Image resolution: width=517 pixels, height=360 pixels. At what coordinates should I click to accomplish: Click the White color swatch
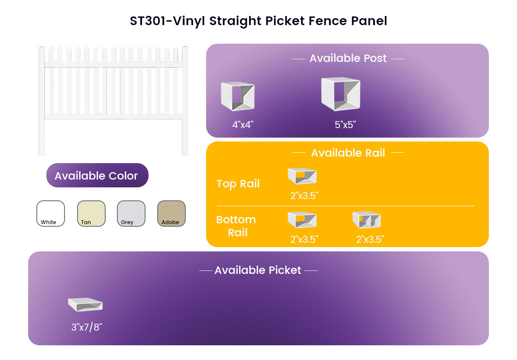(51, 213)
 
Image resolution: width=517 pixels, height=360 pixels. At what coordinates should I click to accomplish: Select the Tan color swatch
(91, 213)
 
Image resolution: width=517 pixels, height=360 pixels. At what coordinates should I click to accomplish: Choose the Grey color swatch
(131, 213)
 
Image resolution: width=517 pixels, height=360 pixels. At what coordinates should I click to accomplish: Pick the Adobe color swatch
(171, 213)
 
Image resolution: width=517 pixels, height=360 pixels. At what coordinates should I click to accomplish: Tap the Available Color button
(97, 175)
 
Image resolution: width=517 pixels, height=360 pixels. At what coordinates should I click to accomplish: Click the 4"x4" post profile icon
(238, 96)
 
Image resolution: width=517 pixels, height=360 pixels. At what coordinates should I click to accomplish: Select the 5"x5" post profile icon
(341, 93)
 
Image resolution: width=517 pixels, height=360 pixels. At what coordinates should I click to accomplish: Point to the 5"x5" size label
(345, 125)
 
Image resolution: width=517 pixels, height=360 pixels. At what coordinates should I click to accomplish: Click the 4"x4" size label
(242, 125)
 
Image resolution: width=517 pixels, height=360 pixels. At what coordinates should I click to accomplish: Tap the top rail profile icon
(302, 176)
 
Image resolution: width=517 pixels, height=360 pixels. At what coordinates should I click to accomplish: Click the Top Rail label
(238, 183)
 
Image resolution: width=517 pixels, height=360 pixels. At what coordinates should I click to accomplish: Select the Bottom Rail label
(236, 226)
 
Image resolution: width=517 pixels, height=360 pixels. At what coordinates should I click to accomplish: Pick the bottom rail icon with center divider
(367, 220)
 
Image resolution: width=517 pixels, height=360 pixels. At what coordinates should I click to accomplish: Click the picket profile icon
(85, 304)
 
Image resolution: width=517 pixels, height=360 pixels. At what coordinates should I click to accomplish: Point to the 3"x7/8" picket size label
(87, 327)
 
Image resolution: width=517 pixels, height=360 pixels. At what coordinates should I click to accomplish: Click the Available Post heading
(348, 58)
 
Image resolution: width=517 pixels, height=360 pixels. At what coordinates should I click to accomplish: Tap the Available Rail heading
(348, 153)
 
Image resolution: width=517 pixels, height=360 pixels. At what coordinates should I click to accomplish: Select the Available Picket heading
(258, 270)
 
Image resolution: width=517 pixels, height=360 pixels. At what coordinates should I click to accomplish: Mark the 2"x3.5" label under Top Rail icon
(304, 196)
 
